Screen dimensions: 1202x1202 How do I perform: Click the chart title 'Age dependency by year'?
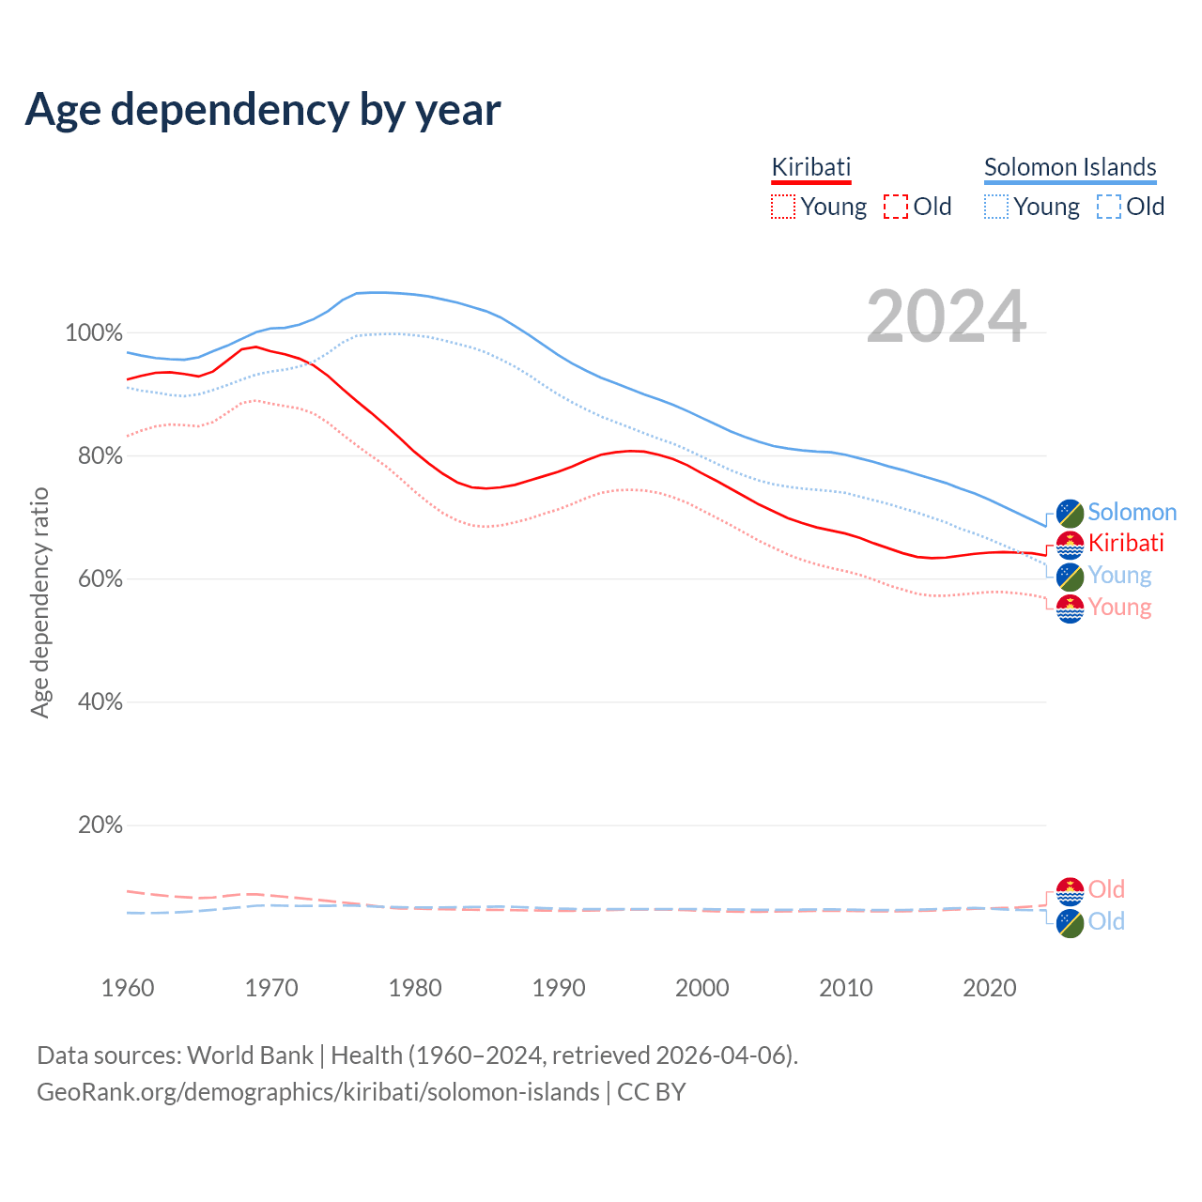click(x=263, y=110)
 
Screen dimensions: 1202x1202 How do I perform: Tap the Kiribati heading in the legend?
click(x=810, y=167)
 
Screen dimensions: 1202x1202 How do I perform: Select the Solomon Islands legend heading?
click(x=1070, y=167)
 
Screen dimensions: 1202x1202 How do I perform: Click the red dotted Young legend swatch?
click(x=782, y=207)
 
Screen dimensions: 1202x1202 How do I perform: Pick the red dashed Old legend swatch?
click(x=896, y=207)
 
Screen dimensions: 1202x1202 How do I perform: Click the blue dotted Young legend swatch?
click(x=995, y=207)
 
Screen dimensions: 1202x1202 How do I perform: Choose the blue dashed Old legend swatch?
click(x=1108, y=207)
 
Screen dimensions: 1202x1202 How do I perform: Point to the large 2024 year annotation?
click(x=946, y=316)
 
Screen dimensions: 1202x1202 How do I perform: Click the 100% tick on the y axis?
click(x=94, y=333)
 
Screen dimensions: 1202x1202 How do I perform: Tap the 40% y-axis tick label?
click(x=100, y=702)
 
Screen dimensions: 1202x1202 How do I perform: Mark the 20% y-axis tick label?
click(x=100, y=825)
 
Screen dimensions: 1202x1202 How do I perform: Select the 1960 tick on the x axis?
click(x=128, y=988)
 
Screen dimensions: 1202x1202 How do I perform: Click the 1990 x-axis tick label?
click(x=559, y=988)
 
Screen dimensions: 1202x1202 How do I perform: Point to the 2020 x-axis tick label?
click(x=990, y=988)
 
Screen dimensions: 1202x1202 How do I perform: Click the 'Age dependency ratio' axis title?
click(x=39, y=602)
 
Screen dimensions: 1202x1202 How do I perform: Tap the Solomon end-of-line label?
click(x=1132, y=513)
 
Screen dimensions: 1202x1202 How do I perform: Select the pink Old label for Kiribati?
click(x=1106, y=889)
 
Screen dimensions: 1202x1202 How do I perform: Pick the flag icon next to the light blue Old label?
click(x=1070, y=923)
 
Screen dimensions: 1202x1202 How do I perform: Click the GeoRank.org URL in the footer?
click(x=317, y=1092)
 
